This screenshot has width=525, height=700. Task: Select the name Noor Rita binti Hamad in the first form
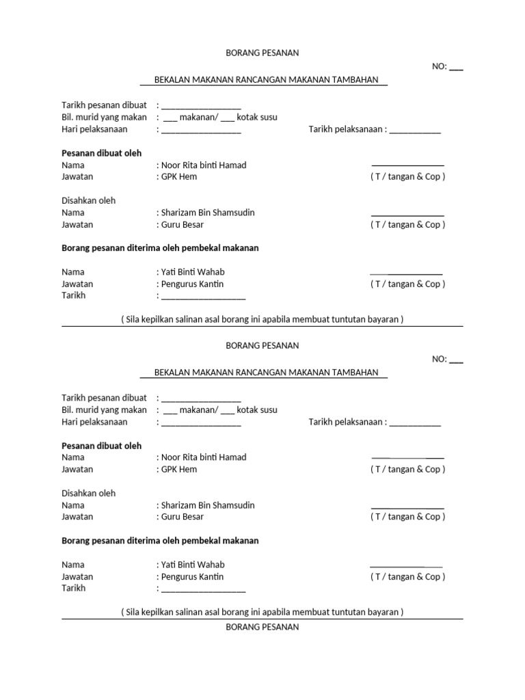click(203, 165)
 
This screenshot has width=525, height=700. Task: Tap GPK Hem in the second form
click(178, 470)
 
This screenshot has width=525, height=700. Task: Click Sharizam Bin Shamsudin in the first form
click(207, 213)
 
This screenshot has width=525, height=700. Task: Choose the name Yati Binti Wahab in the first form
click(192, 272)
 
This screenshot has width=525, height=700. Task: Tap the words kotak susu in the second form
click(258, 410)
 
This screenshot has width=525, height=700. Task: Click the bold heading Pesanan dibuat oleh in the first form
click(102, 153)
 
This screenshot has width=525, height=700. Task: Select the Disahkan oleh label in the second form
click(89, 493)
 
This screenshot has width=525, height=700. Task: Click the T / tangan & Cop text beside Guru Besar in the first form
click(408, 225)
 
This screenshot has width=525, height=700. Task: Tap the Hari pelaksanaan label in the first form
click(95, 129)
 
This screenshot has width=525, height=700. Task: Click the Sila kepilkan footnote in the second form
click(262, 612)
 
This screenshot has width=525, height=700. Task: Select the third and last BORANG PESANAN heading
click(262, 627)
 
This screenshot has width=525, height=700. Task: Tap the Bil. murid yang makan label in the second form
click(105, 410)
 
